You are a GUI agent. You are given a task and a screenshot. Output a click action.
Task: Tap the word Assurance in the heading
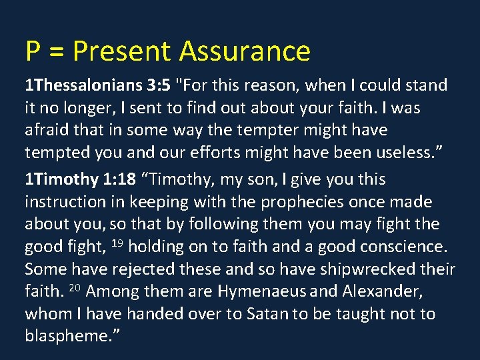(x=245, y=51)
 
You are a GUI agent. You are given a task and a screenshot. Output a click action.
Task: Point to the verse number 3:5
(x=160, y=85)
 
